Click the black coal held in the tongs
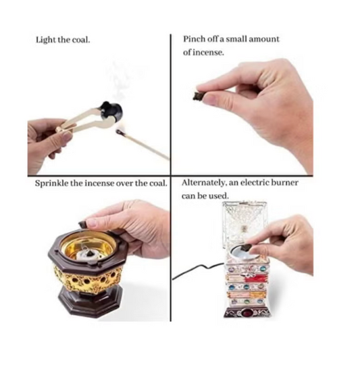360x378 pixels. tap(112, 111)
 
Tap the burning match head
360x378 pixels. tap(118, 131)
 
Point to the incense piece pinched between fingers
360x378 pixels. tap(198, 96)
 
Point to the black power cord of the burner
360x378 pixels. tap(197, 270)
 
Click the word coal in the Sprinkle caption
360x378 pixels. tap(159, 183)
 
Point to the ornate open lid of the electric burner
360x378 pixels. tap(245, 225)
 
